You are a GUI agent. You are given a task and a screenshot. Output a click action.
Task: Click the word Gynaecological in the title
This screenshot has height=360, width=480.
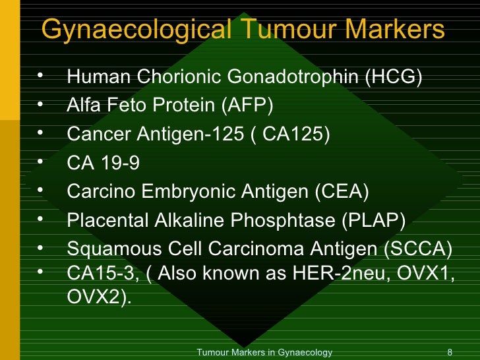[x=134, y=30]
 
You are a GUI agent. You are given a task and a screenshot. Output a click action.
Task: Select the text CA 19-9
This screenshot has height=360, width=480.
[x=104, y=163]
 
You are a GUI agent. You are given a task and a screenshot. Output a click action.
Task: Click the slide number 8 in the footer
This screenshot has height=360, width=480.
[x=450, y=353]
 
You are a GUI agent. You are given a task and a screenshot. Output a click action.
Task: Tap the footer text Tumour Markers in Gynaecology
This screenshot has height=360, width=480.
[x=264, y=353]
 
